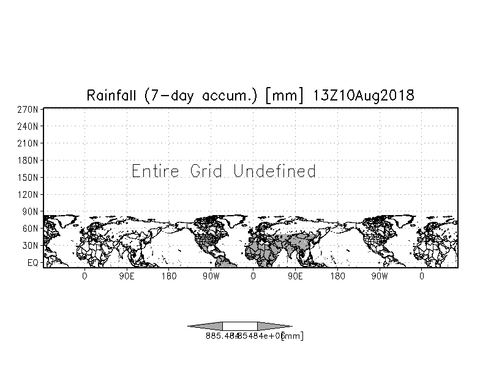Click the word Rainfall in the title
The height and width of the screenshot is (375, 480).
coord(111,96)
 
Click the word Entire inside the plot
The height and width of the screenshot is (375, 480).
coord(156,171)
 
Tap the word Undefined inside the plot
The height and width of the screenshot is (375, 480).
coord(275,171)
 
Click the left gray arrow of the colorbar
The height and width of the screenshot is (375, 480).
coord(205,326)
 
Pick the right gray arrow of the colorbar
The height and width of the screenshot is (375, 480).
coord(274,326)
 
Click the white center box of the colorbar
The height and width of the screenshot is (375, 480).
coord(240,326)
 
